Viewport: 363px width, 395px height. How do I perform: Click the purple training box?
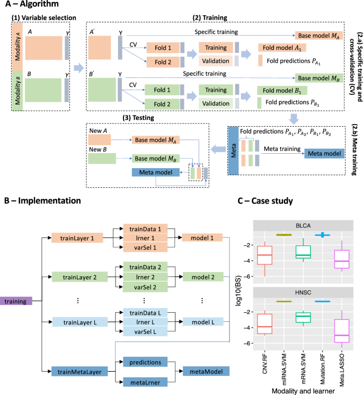tap(17, 301)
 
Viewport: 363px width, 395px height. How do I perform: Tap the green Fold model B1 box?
tap(280, 90)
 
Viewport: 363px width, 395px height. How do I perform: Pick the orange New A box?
tap(100, 139)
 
